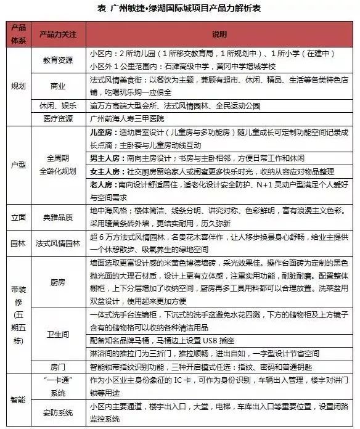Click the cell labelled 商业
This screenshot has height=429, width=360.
pos(57,85)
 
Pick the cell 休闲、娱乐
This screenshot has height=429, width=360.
pos(57,105)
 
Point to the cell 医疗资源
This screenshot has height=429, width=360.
pos(57,119)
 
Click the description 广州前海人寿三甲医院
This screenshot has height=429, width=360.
pos(129,119)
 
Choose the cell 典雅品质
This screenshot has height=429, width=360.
pos(57,217)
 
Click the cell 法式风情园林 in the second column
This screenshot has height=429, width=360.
pos(57,243)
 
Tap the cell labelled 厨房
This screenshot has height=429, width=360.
pos(57,282)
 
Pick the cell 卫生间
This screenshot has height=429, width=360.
pos(57,334)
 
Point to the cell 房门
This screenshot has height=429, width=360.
pos(57,366)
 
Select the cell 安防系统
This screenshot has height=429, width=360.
pos(57,412)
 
